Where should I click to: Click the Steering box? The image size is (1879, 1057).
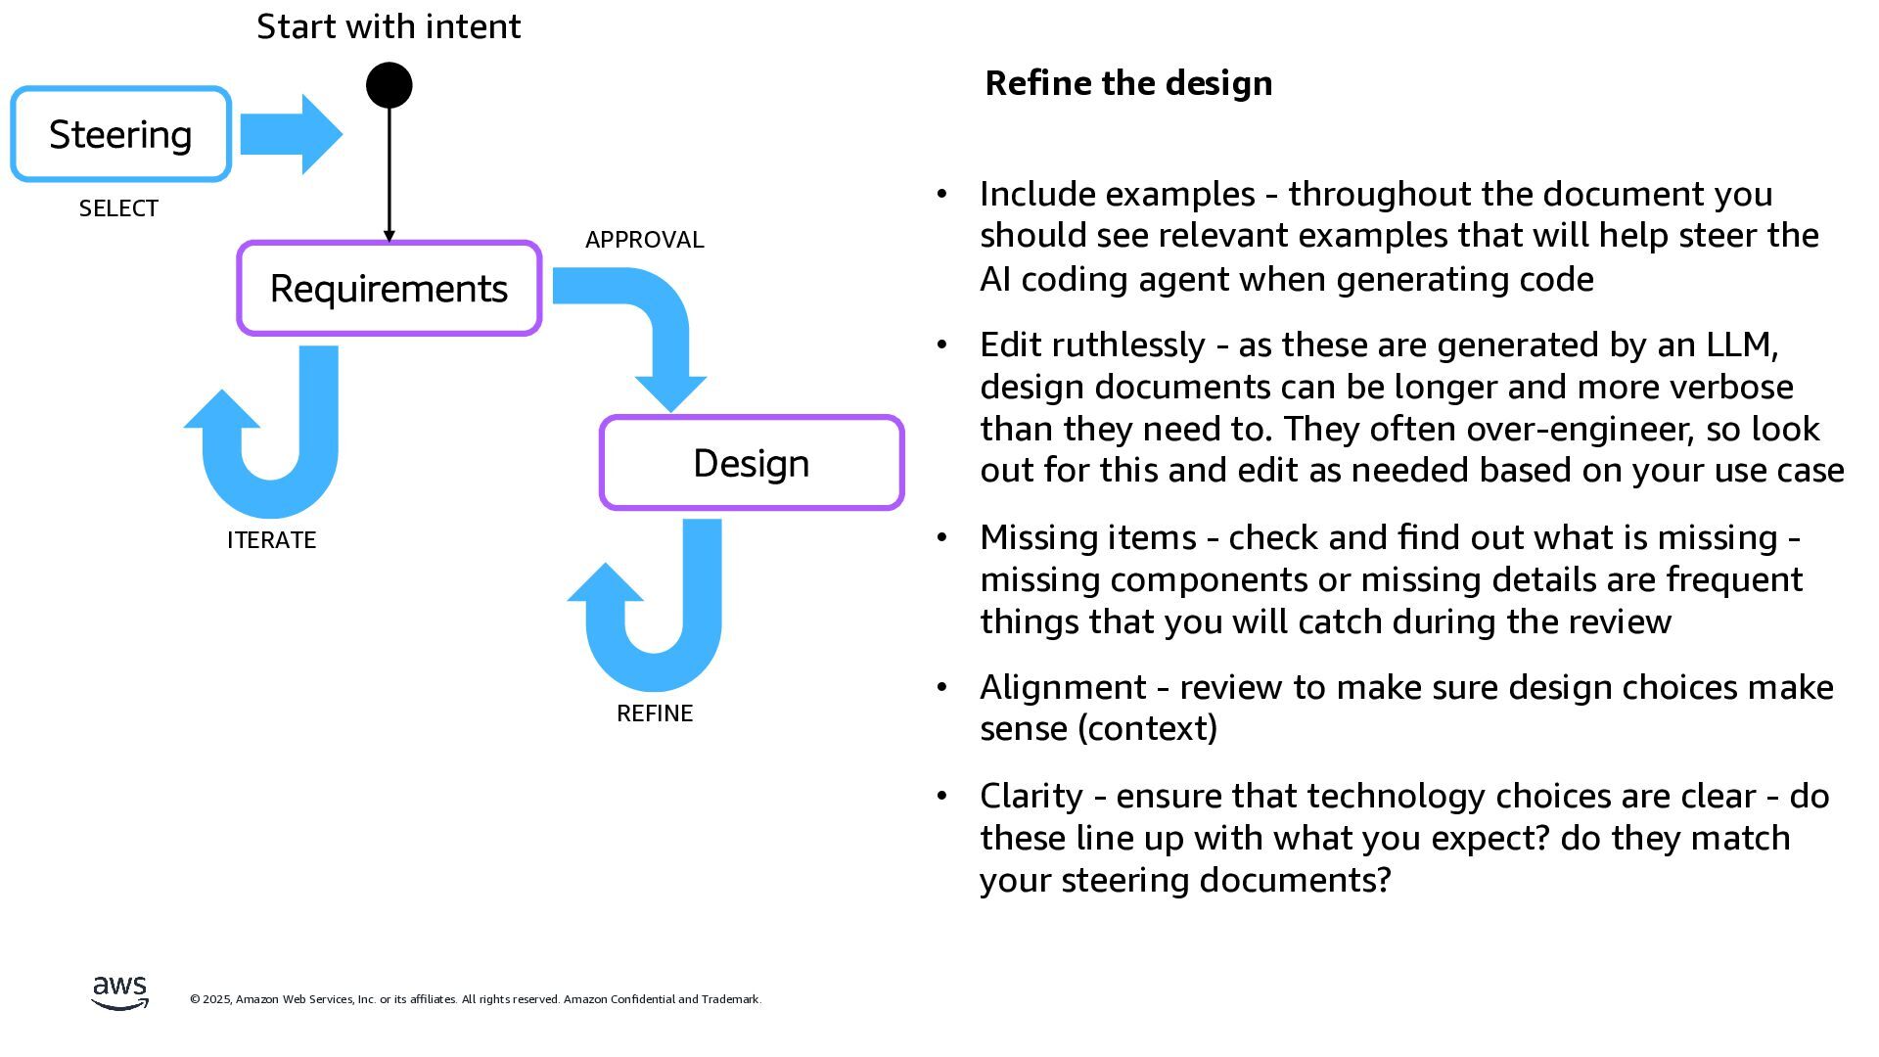tap(120, 134)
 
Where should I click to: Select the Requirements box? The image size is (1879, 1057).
tap(389, 289)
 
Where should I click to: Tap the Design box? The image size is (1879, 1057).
tap(751, 463)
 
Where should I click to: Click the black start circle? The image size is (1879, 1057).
tap(389, 85)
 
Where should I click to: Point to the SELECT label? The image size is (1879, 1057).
tap(118, 208)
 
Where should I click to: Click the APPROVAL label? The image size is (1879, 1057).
tap(644, 240)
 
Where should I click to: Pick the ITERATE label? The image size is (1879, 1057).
tap(271, 540)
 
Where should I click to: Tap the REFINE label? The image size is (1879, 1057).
tap(655, 713)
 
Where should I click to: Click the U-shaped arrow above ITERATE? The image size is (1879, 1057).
tap(274, 460)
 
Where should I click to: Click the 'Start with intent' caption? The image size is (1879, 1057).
tap(389, 26)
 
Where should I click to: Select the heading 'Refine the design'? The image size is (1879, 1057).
tap(1128, 83)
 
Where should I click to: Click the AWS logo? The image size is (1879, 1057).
tap(119, 991)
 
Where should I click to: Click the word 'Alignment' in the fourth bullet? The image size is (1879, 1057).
tap(1063, 687)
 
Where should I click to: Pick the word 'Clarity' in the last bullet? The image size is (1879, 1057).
tap(1031, 796)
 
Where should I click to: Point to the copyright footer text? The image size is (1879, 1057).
tap(476, 999)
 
